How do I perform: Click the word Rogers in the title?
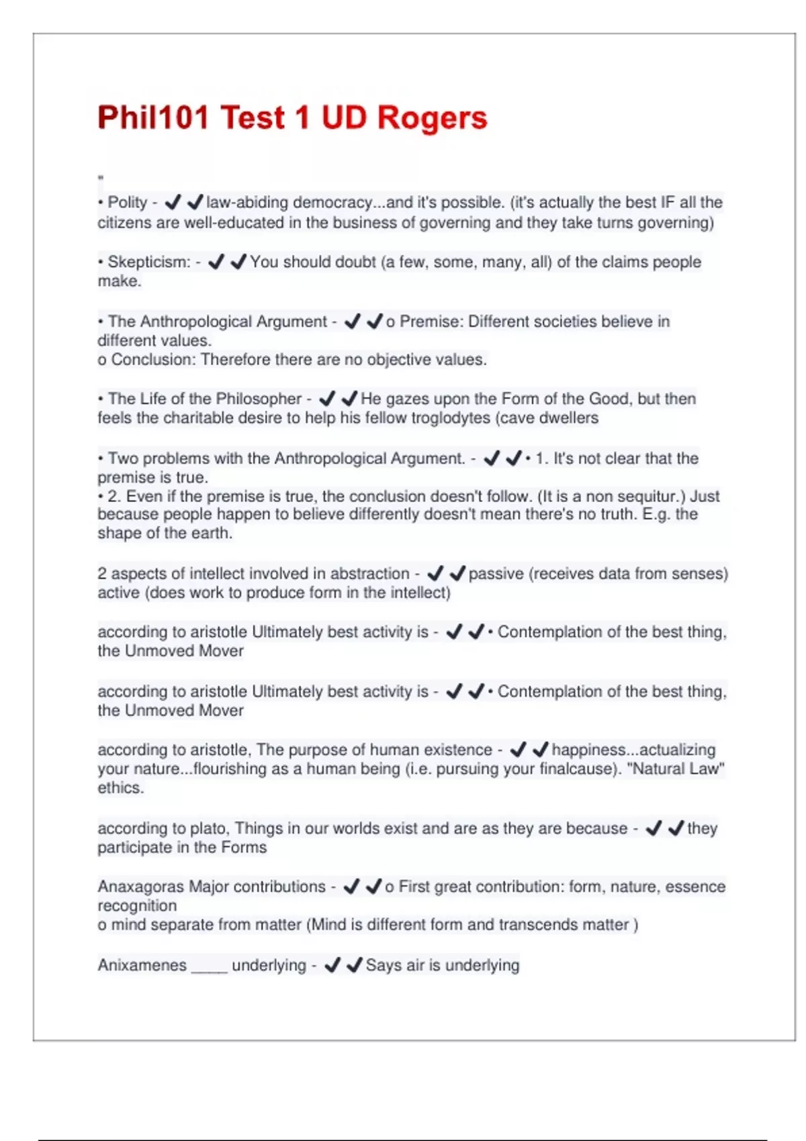pyautogui.click(x=431, y=117)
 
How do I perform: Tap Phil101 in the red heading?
pyautogui.click(x=154, y=117)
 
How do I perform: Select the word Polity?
pyautogui.click(x=127, y=203)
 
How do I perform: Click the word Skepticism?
pyautogui.click(x=148, y=262)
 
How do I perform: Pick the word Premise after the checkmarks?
pyautogui.click(x=431, y=321)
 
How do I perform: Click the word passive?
pyautogui.click(x=496, y=574)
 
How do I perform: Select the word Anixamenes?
pyautogui.click(x=142, y=965)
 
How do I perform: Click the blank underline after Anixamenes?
pyautogui.click(x=209, y=968)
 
